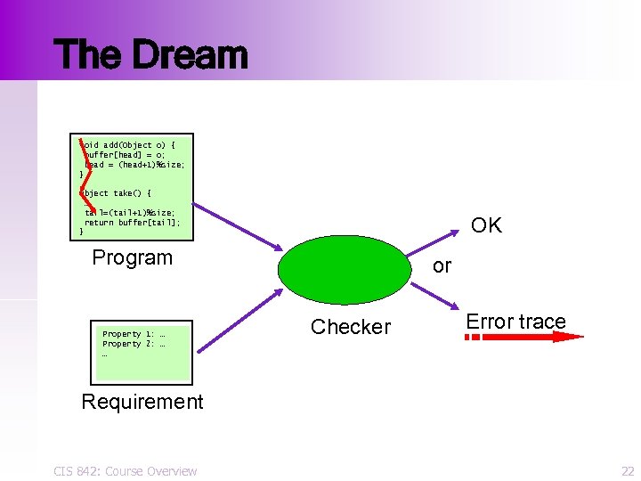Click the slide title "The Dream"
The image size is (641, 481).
(x=150, y=54)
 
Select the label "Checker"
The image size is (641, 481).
(x=350, y=327)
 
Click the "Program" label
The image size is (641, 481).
(x=133, y=257)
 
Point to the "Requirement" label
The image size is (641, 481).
(x=142, y=402)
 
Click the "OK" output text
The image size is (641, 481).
(x=486, y=225)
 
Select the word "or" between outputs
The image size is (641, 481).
(x=442, y=266)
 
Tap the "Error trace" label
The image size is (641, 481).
(x=515, y=322)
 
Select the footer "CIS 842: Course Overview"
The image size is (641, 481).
(x=126, y=470)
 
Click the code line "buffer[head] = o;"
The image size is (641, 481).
(x=125, y=154)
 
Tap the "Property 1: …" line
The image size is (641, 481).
(x=134, y=334)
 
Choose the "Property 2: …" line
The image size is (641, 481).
(x=134, y=344)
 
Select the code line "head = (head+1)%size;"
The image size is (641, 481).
(x=134, y=164)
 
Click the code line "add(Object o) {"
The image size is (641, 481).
(x=130, y=144)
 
